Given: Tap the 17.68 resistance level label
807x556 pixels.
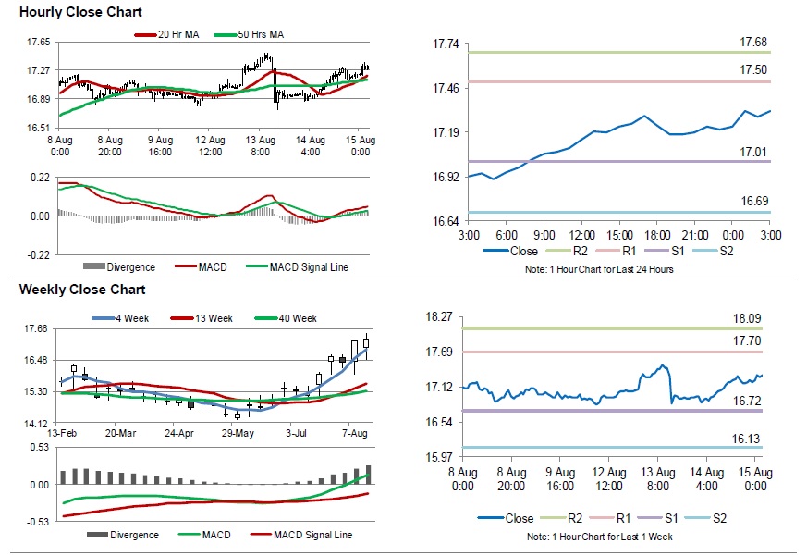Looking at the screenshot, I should point(753,43).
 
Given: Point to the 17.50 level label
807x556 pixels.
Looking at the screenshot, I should point(753,70).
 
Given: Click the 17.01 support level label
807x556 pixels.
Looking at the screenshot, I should point(753,152).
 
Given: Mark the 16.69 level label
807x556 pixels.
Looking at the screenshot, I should point(753,201).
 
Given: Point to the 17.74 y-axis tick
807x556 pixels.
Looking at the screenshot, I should point(446,44).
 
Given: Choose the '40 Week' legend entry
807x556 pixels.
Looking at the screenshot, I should point(298,318).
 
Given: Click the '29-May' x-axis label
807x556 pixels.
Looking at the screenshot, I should point(237,433).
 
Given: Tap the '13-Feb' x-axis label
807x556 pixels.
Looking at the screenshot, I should point(62,433).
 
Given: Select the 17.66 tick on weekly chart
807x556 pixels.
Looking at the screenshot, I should point(36,328).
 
